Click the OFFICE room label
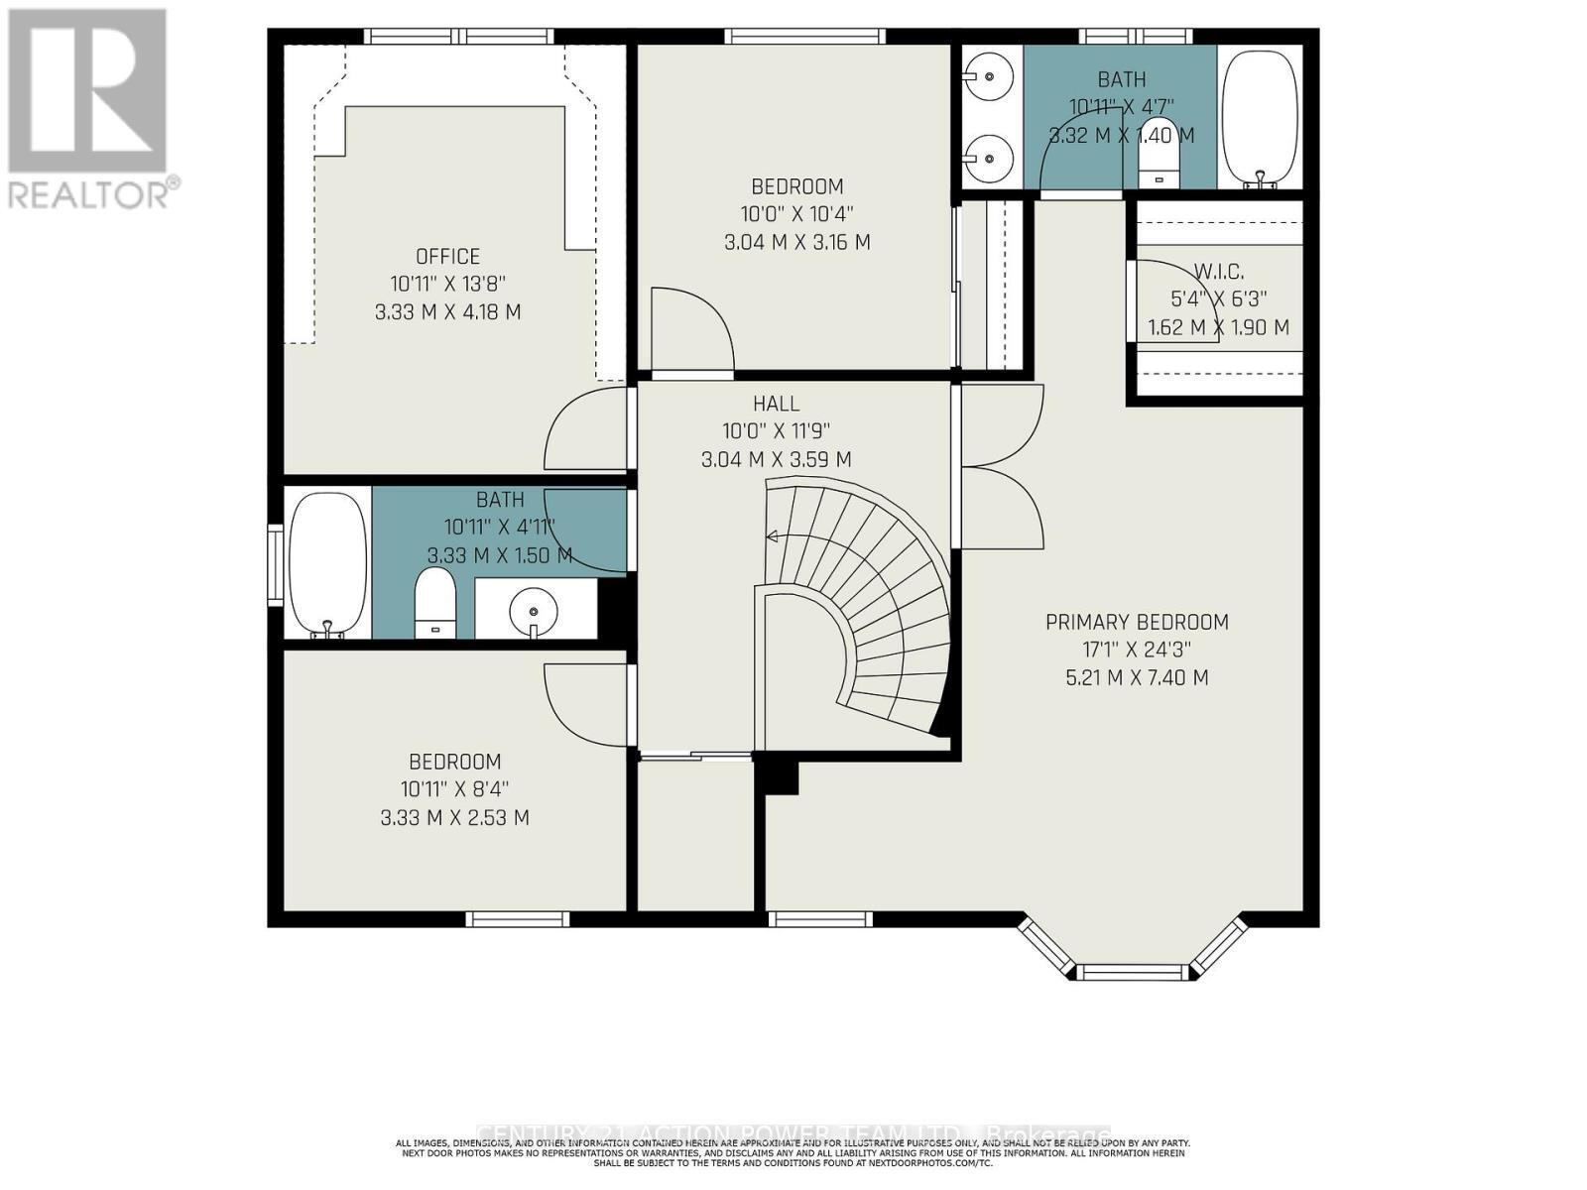coord(448,257)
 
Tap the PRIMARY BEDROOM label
coord(1137,622)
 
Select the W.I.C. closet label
coord(1219,271)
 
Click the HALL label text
coord(776,404)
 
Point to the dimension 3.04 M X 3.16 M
coord(796,242)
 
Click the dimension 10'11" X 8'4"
coord(455,789)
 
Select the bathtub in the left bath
coord(327,563)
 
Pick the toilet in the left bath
coord(434,602)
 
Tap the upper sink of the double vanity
coord(989,74)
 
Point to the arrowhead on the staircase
coord(770,536)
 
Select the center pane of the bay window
coord(1132,972)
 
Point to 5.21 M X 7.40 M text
coord(1137,678)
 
